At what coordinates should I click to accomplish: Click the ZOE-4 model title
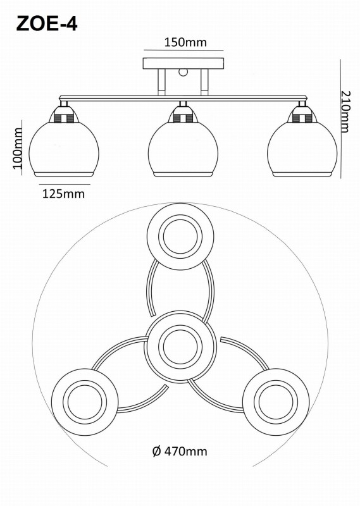(47, 24)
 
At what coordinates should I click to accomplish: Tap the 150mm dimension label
(185, 42)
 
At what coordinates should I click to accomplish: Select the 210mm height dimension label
(345, 112)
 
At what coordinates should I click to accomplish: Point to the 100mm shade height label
(18, 148)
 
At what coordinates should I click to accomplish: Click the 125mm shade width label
(64, 194)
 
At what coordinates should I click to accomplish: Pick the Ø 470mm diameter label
(180, 451)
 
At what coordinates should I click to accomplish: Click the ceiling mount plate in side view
(183, 63)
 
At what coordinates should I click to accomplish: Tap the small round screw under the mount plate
(183, 72)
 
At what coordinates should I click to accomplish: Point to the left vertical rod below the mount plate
(162, 82)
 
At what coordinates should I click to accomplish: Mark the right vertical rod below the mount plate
(204, 82)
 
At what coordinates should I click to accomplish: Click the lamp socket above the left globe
(64, 115)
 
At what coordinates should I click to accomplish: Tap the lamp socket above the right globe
(302, 115)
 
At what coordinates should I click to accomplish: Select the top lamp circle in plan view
(180, 237)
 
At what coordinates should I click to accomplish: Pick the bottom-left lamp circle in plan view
(85, 402)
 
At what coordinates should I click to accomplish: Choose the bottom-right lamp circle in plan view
(276, 402)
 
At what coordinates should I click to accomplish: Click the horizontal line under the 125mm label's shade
(65, 184)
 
